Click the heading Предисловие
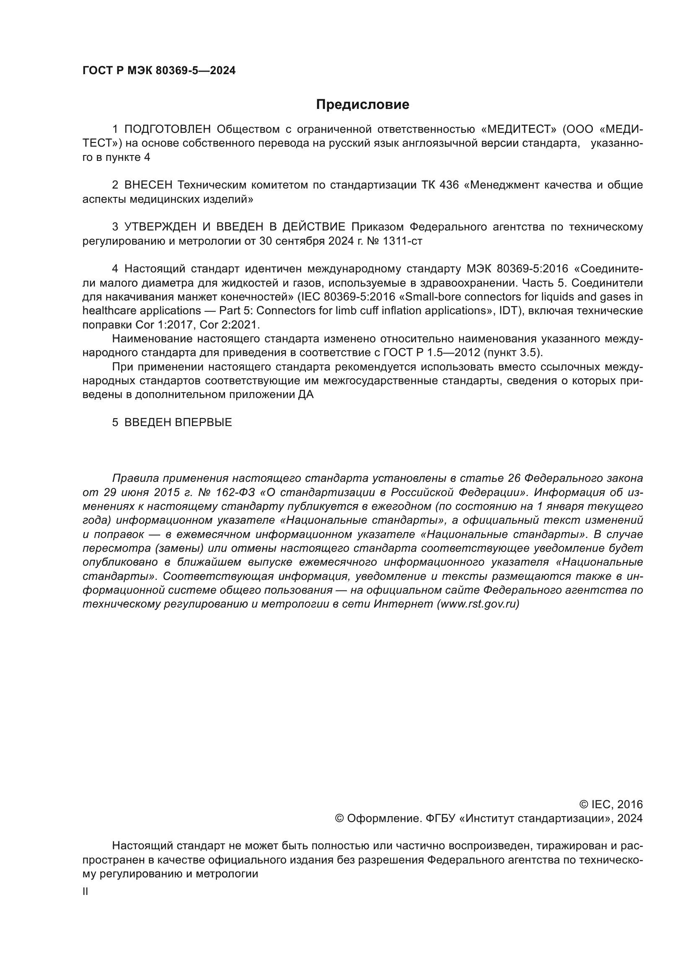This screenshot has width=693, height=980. [362, 105]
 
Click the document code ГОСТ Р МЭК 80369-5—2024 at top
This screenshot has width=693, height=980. [159, 71]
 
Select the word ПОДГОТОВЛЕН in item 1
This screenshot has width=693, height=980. [168, 129]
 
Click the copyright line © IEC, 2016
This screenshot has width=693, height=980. [610, 804]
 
